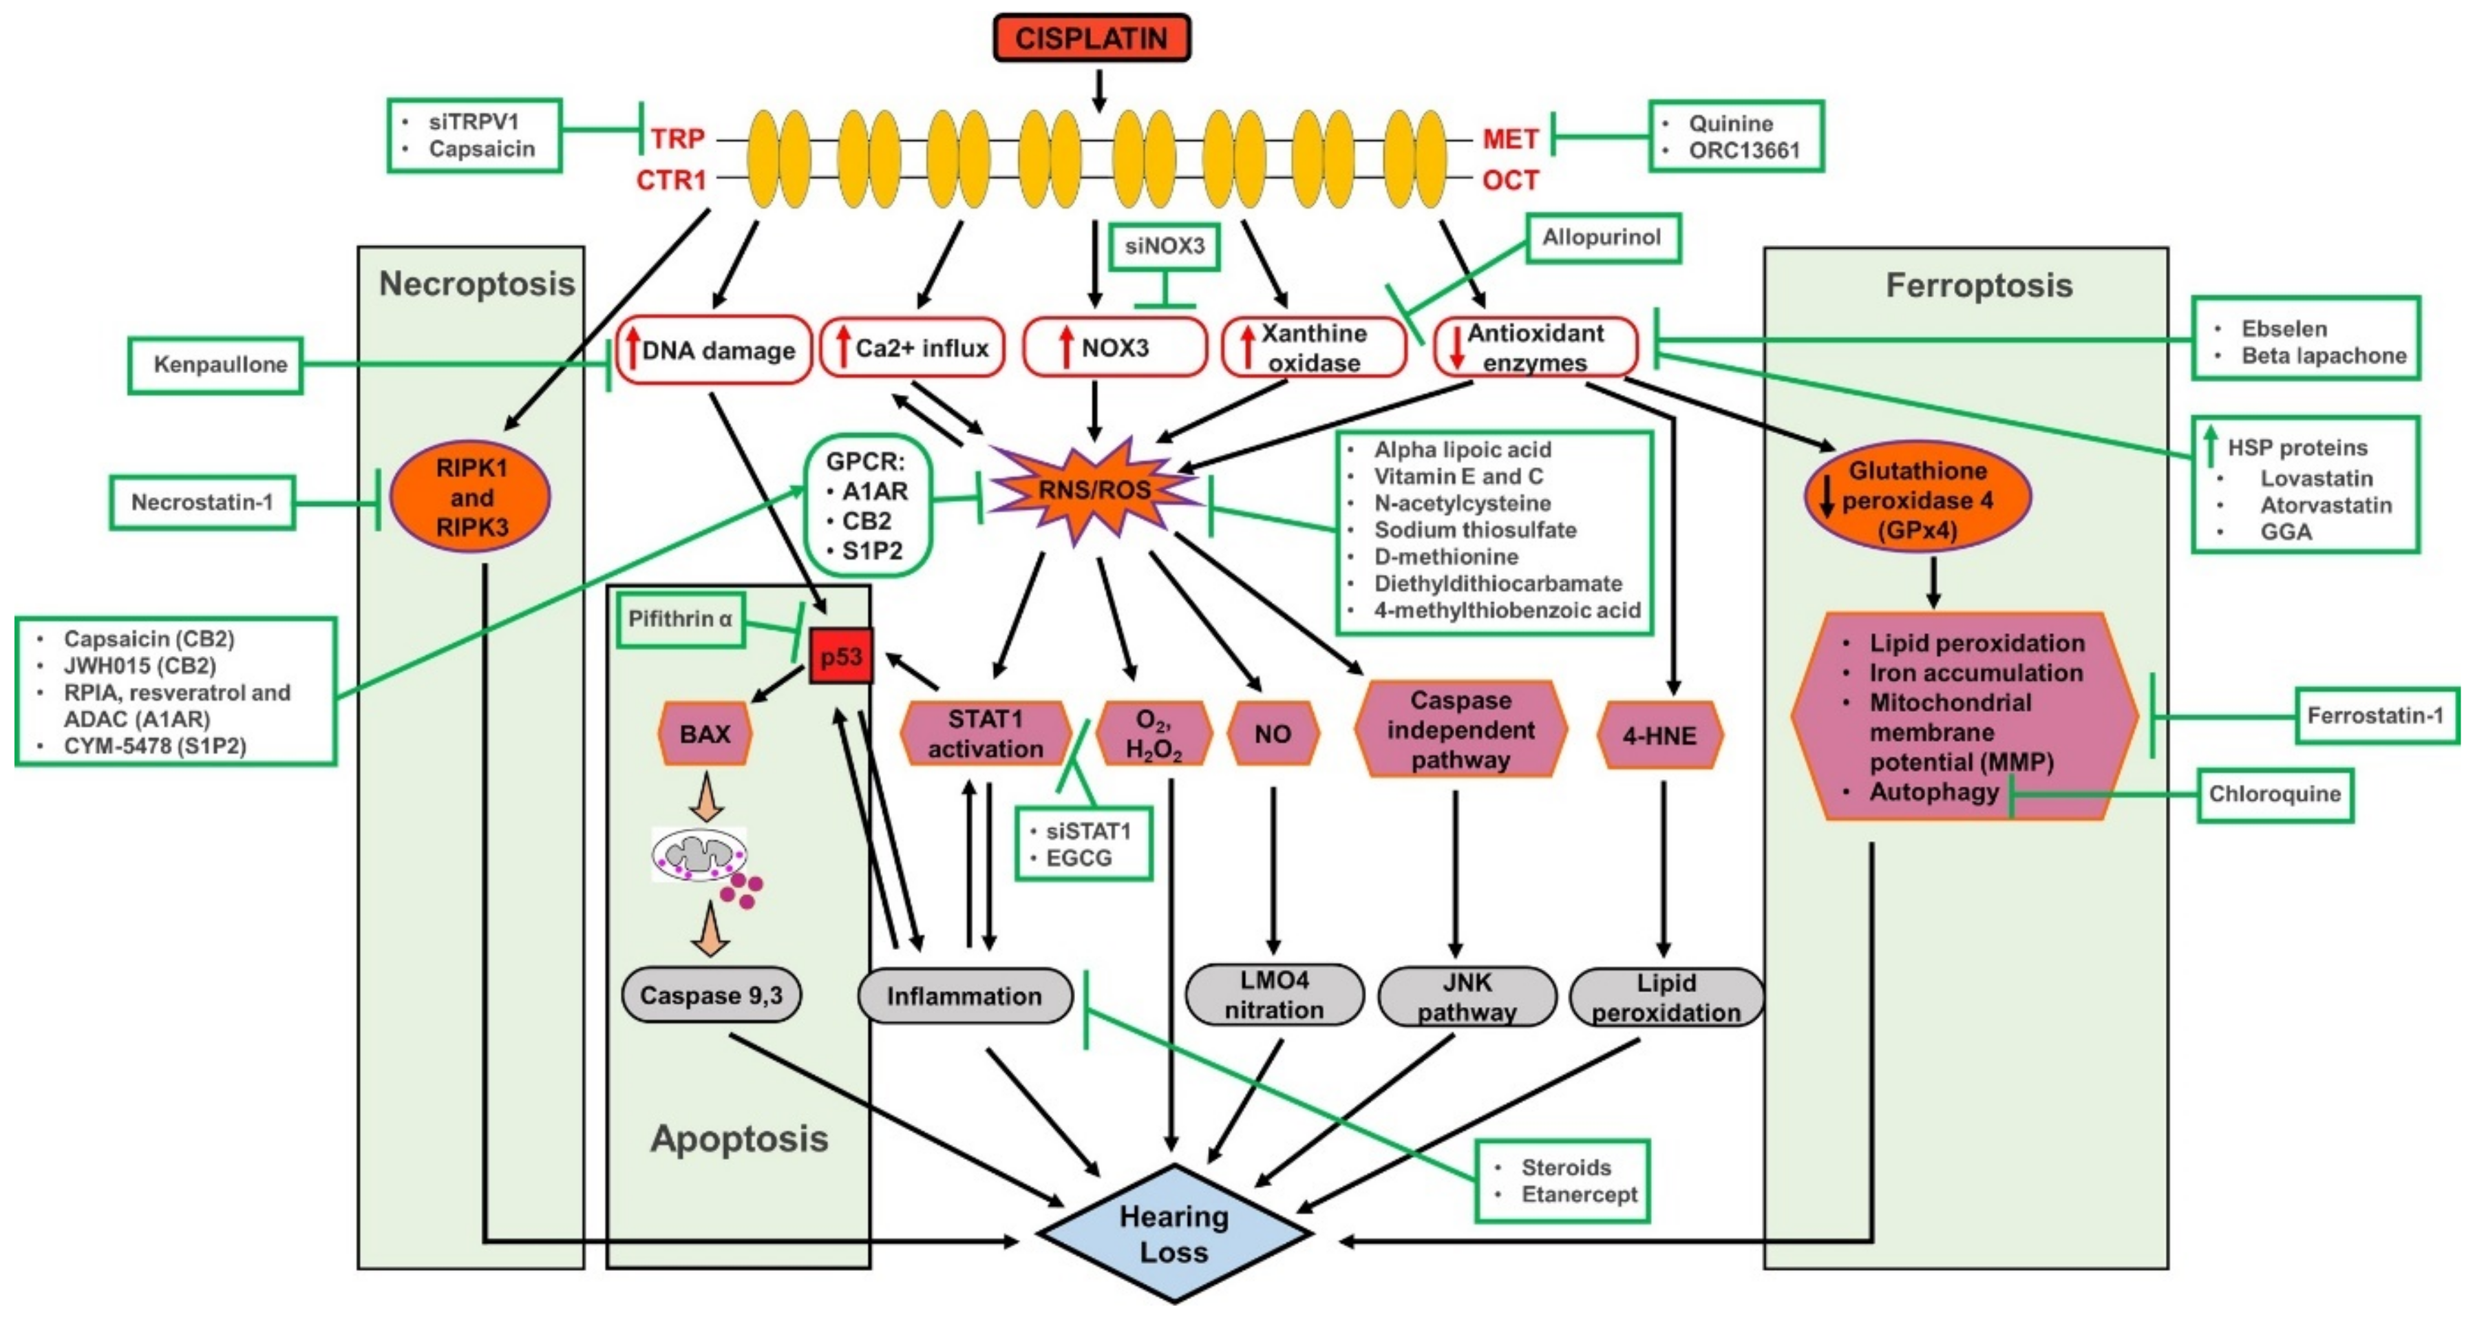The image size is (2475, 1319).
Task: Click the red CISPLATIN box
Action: point(1092,39)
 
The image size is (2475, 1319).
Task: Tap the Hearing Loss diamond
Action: point(1174,1234)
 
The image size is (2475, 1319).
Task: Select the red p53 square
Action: point(840,656)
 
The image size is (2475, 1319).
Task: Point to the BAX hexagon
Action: point(705,734)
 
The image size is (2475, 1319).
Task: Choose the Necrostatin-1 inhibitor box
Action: point(202,501)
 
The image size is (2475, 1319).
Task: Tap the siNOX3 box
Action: point(1165,246)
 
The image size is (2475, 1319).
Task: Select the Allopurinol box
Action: point(1602,238)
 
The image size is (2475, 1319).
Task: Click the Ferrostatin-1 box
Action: point(2375,716)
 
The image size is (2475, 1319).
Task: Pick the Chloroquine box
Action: point(2274,794)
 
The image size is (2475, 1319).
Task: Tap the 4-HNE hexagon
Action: point(1659,736)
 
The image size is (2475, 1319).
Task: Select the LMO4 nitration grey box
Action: point(1274,995)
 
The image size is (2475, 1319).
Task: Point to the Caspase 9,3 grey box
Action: point(711,995)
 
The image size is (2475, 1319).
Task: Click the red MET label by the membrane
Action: point(1509,139)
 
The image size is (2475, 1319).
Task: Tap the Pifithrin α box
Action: point(680,620)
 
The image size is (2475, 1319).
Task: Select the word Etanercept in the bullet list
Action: point(1579,1194)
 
